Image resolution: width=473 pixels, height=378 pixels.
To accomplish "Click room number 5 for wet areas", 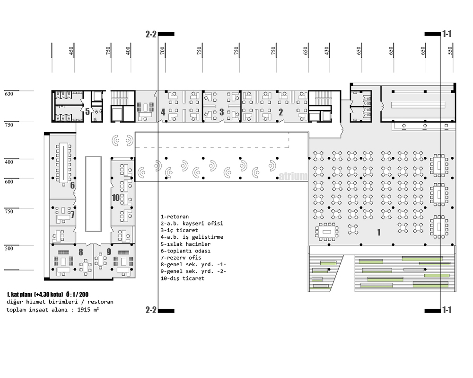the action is (x=87, y=111).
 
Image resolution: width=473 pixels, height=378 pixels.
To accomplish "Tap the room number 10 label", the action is (x=116, y=198).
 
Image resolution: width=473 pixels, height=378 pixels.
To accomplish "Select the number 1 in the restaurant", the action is (x=379, y=232).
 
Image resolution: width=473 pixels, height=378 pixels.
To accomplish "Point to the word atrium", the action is (x=293, y=176).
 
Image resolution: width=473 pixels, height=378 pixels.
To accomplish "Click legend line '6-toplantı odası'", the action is (x=185, y=251).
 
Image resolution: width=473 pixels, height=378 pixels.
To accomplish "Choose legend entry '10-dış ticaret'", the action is (x=182, y=278).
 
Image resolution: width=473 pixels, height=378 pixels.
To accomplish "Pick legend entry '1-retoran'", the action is (x=175, y=216).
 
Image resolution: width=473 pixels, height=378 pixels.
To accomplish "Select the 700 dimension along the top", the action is (x=162, y=51).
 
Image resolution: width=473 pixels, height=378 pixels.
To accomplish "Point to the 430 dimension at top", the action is (x=327, y=51).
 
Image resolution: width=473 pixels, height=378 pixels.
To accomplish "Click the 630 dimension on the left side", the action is (x=9, y=94).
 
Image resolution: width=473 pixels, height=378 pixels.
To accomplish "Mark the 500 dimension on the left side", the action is (x=9, y=249).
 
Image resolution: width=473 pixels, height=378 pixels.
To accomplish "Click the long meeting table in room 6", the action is (x=64, y=163).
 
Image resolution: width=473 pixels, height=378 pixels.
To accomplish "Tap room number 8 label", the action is (x=80, y=252).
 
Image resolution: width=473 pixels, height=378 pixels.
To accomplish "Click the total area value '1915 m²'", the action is (x=88, y=310).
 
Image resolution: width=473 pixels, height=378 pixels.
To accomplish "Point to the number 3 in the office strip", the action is (x=222, y=112).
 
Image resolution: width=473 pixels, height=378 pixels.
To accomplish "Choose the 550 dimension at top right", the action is (x=450, y=51).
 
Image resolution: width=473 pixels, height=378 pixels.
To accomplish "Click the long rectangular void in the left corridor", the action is (x=93, y=194).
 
